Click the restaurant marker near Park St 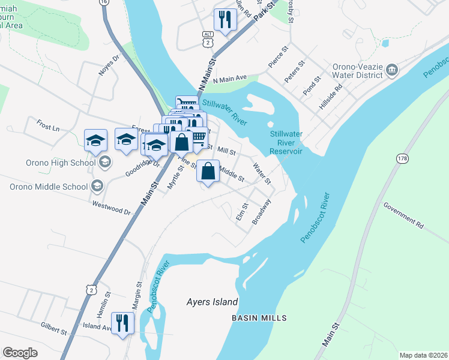point(225,20)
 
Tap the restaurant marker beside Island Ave point(122,323)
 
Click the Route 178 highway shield point(402,158)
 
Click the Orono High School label point(60,163)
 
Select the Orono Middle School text point(49,187)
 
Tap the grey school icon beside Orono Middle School point(97,186)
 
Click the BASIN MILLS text point(259,317)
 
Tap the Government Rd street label point(403,215)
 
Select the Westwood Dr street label point(112,208)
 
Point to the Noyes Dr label point(110,64)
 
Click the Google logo point(20,353)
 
